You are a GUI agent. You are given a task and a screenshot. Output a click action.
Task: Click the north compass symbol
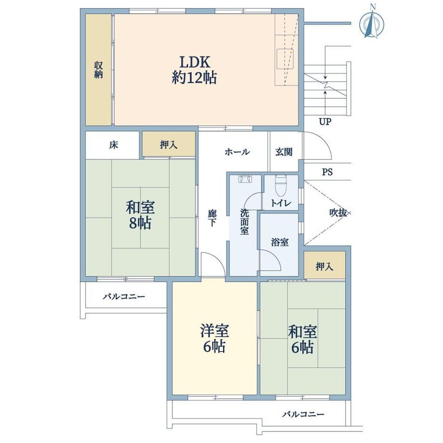pyautogui.click(x=372, y=23)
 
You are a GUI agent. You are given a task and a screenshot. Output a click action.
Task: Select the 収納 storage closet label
pyautogui.click(x=98, y=70)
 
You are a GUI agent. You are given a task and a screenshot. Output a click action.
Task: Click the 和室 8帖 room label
pyautogui.click(x=140, y=215)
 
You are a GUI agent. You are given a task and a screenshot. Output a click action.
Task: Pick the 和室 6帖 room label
pyautogui.click(x=302, y=339)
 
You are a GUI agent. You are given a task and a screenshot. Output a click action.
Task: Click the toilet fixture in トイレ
pyautogui.click(x=281, y=185)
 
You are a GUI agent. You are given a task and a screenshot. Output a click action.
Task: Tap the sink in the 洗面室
pyautogui.click(x=245, y=179)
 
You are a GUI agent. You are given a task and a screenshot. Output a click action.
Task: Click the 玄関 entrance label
pyautogui.click(x=284, y=152)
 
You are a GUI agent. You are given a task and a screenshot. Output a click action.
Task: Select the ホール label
pyautogui.click(x=237, y=152)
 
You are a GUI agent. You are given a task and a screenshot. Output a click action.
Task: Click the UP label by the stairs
pyautogui.click(x=325, y=122)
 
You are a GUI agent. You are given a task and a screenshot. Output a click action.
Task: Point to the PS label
pyautogui.click(x=327, y=172)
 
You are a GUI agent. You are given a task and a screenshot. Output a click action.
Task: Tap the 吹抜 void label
pyautogui.click(x=338, y=213)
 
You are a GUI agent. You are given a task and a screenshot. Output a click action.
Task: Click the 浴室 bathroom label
pyautogui.click(x=279, y=242)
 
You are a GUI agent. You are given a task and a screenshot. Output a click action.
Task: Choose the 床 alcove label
pyautogui.click(x=113, y=145)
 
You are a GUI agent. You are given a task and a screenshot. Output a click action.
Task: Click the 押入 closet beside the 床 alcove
pyautogui.click(x=169, y=144)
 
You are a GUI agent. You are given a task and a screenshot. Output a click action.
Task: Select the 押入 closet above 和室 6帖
pyautogui.click(x=325, y=266)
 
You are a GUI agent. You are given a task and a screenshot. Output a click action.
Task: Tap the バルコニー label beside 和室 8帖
pyautogui.click(x=124, y=296)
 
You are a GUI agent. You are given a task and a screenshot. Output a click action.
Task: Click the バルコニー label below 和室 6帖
pyautogui.click(x=303, y=415)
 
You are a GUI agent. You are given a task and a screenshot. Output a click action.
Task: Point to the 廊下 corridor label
pyautogui.click(x=212, y=218)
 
